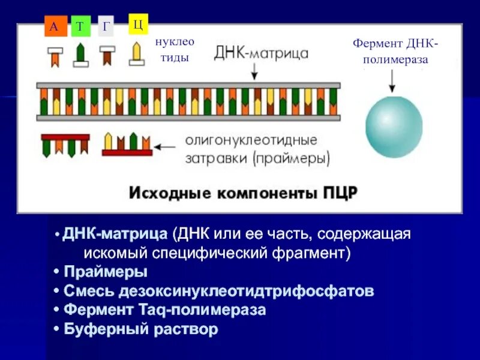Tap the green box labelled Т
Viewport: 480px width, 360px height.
coord(80,27)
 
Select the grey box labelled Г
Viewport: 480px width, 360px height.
coord(106,26)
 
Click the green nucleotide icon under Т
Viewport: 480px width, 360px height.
coord(80,55)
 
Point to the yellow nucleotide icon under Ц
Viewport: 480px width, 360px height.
coord(137,53)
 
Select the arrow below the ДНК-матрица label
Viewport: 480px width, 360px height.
coord(255,71)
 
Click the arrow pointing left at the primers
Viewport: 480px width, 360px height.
coord(166,145)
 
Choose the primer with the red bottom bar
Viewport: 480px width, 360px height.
coord(127,145)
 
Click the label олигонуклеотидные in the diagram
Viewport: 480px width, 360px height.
coord(250,140)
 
